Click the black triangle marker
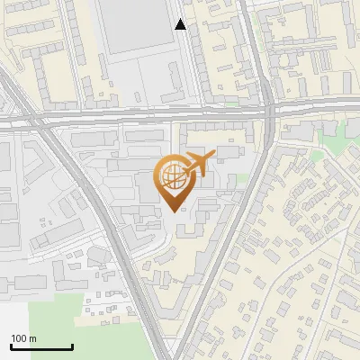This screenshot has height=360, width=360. [x=181, y=25]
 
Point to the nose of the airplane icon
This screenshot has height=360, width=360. [x=214, y=157]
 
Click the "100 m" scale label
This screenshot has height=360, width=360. [x=23, y=338]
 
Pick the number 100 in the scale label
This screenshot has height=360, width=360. [x=19, y=338]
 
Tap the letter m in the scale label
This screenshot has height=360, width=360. [x=33, y=338]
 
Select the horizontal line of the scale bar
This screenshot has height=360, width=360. [x=41, y=347]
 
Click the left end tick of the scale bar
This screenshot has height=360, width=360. [x=11, y=346]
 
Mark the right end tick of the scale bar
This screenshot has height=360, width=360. [x=72, y=346]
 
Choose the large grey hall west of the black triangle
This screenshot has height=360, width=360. [x=135, y=27]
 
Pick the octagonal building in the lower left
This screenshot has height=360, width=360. [x=95, y=256]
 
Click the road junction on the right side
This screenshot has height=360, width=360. [x=269, y=112]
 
